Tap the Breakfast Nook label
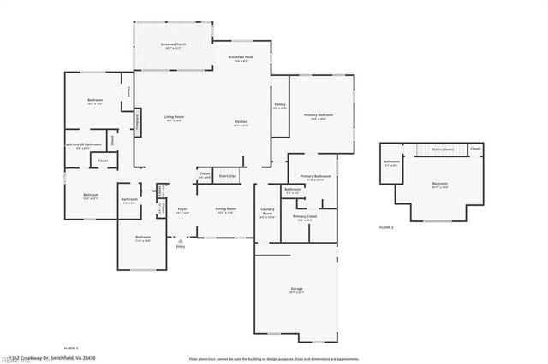(x=239, y=58)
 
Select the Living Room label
(x=175, y=118)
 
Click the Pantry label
(x=280, y=106)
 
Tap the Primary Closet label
(x=305, y=218)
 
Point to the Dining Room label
(x=226, y=210)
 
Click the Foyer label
(x=182, y=210)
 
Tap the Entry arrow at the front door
(x=180, y=243)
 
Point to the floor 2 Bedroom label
(x=439, y=185)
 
